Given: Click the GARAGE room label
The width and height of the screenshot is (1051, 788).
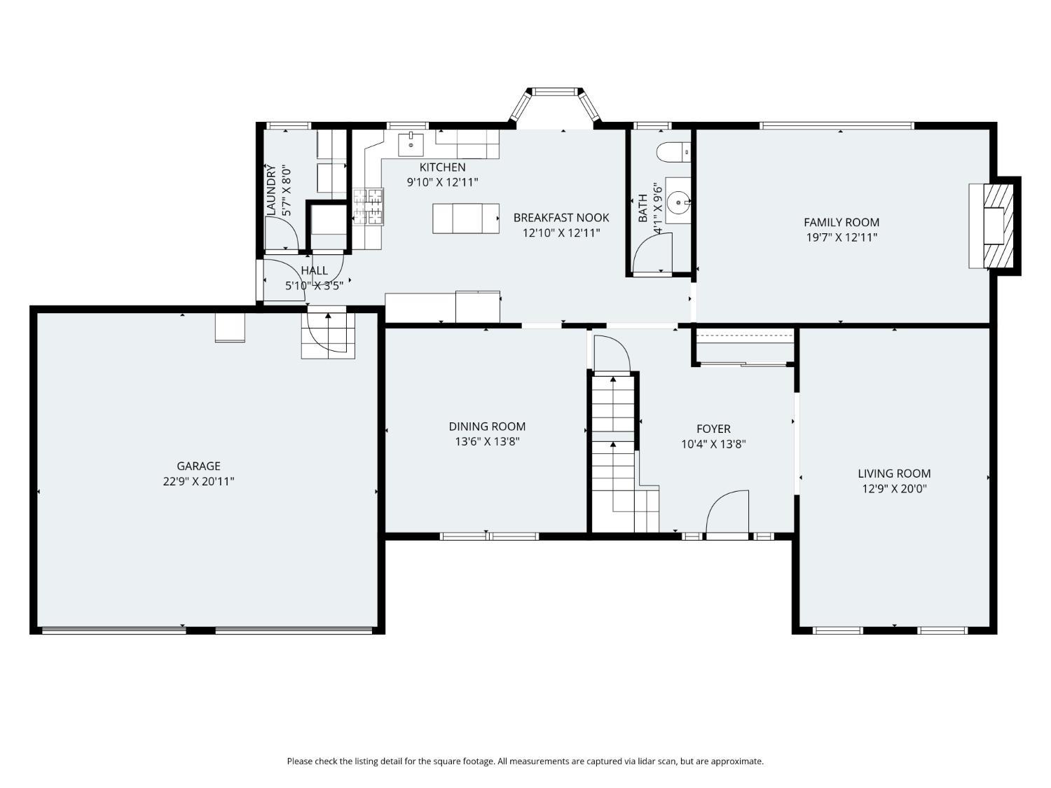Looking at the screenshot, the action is pos(198,466).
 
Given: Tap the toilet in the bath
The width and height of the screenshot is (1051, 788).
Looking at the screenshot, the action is pos(674,152).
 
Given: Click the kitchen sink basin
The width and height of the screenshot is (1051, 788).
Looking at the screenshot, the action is pos(411,144).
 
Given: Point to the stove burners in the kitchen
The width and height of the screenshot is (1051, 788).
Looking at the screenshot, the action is pos(368,207).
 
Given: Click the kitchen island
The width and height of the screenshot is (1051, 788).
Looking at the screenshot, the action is pos(466,218).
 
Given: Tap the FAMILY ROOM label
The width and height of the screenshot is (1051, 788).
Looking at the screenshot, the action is pos(842,222).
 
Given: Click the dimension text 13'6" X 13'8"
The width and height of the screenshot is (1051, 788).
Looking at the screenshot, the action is pos(487,441).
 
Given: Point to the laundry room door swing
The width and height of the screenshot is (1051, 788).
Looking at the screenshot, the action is pos(282,233).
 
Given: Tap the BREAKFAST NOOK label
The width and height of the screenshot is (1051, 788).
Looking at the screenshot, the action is pos(561,218).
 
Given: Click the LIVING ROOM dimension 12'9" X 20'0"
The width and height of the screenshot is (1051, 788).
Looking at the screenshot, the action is pos(894,488).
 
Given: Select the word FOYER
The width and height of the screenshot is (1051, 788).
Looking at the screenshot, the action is pos(713,429).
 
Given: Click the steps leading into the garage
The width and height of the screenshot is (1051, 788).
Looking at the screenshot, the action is pos(328,336).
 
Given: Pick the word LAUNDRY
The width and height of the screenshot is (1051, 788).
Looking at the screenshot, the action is pos(271,189).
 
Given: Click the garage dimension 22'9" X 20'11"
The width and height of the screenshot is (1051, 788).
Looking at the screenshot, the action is pos(198,481).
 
